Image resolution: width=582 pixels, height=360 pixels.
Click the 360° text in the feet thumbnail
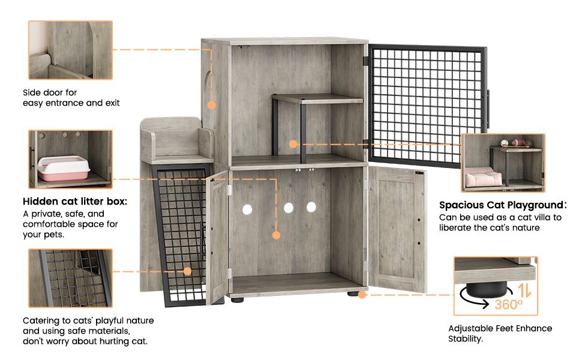pyautogui.click(x=509, y=304)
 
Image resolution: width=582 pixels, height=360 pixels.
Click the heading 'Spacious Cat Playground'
pyautogui.click(x=502, y=205)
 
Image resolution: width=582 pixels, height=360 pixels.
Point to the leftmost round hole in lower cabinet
pyautogui.click(x=247, y=209)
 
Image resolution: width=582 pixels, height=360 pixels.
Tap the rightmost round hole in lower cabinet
pyautogui.click(x=311, y=207)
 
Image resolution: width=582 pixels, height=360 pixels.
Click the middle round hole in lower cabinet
pyautogui.click(x=289, y=208)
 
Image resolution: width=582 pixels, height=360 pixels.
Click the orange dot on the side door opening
pyautogui.click(x=211, y=104)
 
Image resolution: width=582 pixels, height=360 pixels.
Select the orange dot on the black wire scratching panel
pyautogui.click(x=187, y=271)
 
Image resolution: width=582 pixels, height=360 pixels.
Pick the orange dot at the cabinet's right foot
pyautogui.click(x=362, y=295)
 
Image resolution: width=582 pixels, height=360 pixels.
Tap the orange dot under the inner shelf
pyautogui.click(x=292, y=144)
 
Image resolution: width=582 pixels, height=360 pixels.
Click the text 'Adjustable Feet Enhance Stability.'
pyautogui.click(x=500, y=334)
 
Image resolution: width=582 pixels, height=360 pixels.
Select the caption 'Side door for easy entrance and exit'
pyautogui.click(x=71, y=98)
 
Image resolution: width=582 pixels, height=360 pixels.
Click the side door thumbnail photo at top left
pyautogui.click(x=70, y=50)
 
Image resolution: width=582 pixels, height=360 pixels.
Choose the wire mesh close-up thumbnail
pyautogui.click(x=70, y=278)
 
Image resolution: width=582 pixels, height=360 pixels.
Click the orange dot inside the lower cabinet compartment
pyautogui.click(x=276, y=235)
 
